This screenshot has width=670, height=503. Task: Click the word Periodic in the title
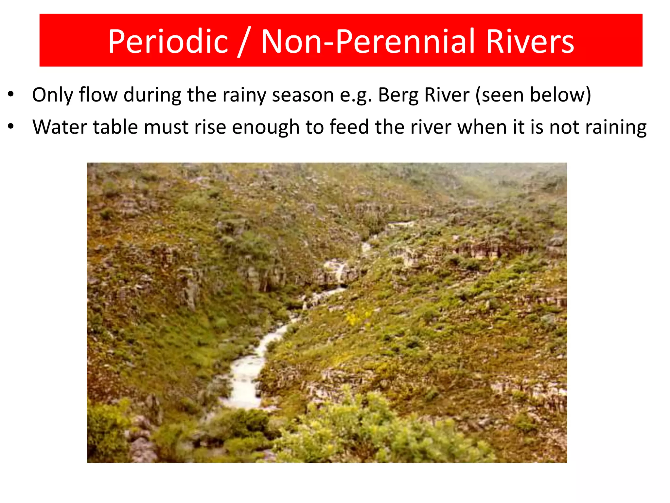[168, 42]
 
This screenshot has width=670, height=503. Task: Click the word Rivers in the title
[530, 42]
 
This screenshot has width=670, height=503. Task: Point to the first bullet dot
[11, 95]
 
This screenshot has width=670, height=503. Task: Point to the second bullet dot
[11, 126]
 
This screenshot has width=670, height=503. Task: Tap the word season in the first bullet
[303, 95]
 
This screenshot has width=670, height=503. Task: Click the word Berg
[398, 95]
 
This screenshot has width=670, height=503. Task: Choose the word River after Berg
[447, 95]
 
